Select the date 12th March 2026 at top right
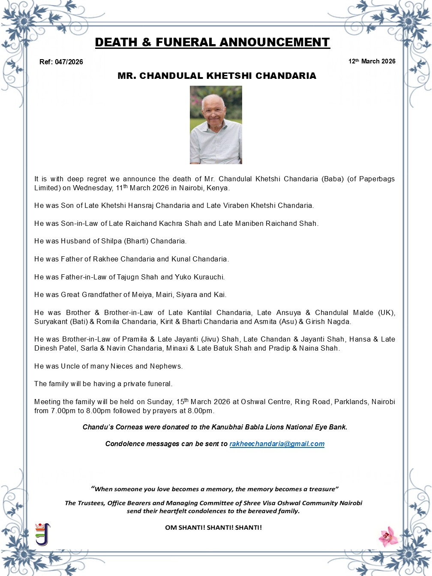click(372, 61)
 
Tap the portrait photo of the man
click(216, 125)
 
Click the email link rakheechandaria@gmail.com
click(277, 444)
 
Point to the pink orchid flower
click(388, 536)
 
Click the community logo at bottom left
click(42, 534)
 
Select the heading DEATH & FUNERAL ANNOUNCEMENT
click(212, 42)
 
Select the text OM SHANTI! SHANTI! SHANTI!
click(213, 528)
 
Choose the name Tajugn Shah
click(138, 277)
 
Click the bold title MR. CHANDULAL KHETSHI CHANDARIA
click(217, 76)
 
